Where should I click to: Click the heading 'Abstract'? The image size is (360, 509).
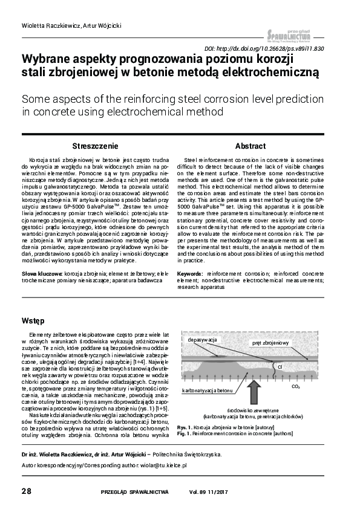coord(250,146)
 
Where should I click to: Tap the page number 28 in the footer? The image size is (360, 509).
coord(27,490)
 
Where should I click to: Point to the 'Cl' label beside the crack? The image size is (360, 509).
coord(280,366)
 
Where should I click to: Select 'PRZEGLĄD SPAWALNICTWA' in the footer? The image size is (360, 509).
coord(134,491)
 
